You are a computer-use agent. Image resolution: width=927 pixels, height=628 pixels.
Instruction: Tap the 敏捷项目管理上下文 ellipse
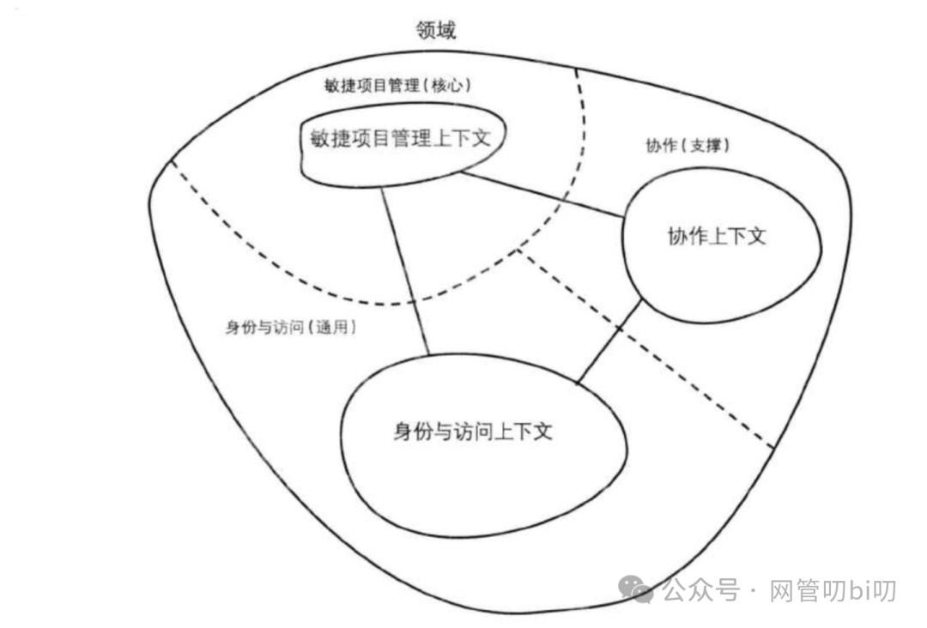point(397,138)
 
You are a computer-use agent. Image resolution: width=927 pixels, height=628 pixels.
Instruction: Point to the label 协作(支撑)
point(688,146)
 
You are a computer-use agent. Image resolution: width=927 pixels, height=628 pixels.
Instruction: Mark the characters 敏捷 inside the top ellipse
point(318,138)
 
